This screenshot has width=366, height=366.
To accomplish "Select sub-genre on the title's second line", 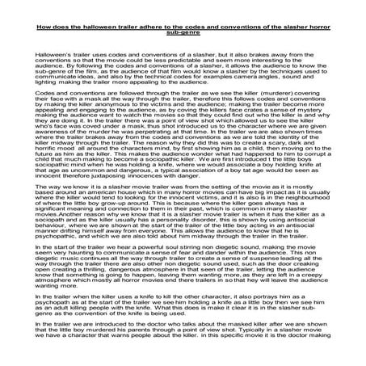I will [182, 34].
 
